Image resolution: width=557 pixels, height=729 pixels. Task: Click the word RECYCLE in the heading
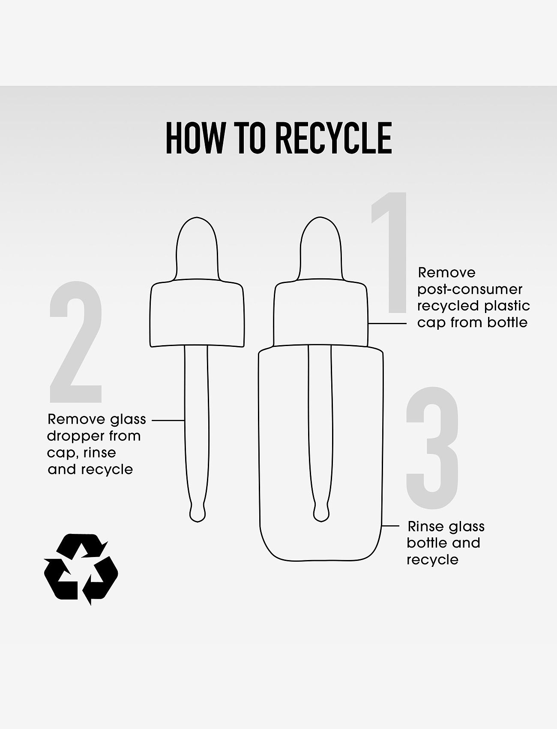point(332,138)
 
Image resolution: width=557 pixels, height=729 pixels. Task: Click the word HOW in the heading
point(195,138)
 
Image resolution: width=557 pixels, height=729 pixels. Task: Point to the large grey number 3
point(432,447)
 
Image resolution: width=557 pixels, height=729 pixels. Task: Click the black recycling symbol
point(81,569)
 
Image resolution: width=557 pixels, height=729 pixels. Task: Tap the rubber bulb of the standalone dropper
point(197,249)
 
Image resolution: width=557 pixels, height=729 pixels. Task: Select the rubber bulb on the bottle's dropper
point(321,249)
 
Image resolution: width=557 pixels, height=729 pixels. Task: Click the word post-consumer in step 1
point(470,289)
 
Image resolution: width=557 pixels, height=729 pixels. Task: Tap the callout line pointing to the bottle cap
point(387,323)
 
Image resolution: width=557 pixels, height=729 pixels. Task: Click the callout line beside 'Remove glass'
point(168,421)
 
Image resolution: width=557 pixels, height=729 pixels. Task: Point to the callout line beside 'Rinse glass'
point(390,525)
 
